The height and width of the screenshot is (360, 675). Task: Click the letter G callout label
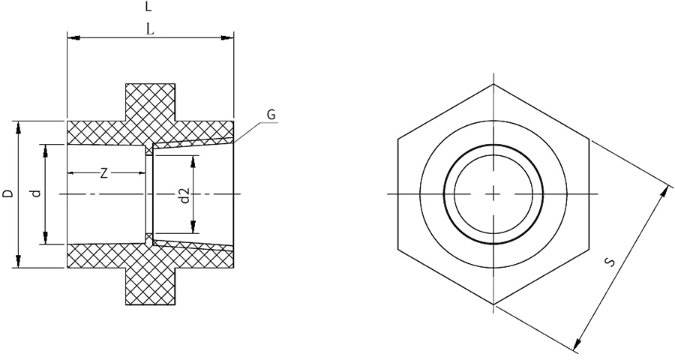pyautogui.click(x=271, y=115)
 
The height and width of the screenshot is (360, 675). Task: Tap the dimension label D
pyautogui.click(x=8, y=193)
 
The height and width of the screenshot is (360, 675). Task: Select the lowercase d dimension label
pyautogui.click(x=37, y=193)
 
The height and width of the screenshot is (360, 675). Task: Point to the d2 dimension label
pyautogui.click(x=184, y=195)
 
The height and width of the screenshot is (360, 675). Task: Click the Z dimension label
pyautogui.click(x=103, y=173)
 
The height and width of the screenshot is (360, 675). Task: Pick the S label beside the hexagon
pyautogui.click(x=610, y=262)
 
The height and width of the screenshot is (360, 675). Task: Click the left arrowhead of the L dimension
pyautogui.click(x=73, y=38)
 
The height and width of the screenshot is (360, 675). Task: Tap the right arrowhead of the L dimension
pyautogui.click(x=226, y=38)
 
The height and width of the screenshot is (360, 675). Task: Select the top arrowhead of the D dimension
pyautogui.click(x=18, y=128)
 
